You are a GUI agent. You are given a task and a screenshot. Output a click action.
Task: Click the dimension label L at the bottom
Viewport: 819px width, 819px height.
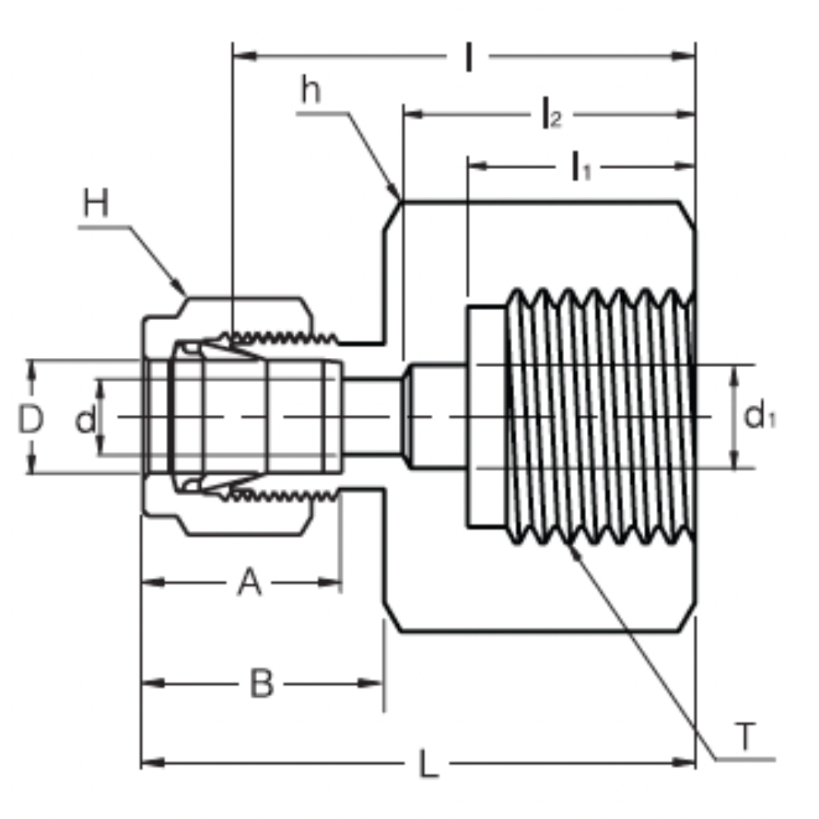[x=428, y=765]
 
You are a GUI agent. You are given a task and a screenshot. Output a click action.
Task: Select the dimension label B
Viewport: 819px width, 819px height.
[x=262, y=684]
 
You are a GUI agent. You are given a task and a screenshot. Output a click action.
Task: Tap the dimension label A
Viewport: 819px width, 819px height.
[x=249, y=583]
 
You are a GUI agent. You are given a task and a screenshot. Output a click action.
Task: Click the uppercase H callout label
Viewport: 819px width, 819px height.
[x=96, y=204]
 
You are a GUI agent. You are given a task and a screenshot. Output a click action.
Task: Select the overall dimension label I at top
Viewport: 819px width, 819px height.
[x=469, y=58]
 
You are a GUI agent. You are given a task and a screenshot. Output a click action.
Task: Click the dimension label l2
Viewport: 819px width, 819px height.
[x=551, y=115]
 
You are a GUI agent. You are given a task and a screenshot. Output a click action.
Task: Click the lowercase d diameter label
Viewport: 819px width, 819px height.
[x=86, y=419]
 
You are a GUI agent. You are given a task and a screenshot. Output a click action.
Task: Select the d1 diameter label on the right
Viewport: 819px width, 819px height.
[x=759, y=416]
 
